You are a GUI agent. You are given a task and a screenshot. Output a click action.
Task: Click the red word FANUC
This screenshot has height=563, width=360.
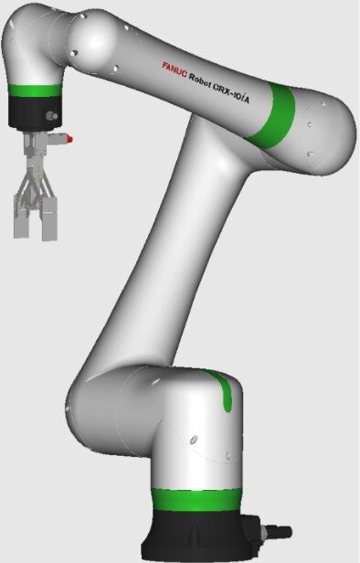click(175, 69)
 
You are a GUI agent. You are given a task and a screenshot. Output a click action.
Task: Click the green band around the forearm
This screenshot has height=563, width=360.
click(273, 115)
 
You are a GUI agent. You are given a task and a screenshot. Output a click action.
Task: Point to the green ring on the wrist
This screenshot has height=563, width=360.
click(35, 90)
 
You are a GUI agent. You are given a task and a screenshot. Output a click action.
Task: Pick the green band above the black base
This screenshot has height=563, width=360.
click(196, 499)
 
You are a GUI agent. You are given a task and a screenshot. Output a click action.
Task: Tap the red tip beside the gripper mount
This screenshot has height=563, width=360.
click(69, 139)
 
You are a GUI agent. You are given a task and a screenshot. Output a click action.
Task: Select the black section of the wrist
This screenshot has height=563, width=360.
click(35, 112)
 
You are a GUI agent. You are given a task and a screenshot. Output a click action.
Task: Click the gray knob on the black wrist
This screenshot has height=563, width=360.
click(52, 116)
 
